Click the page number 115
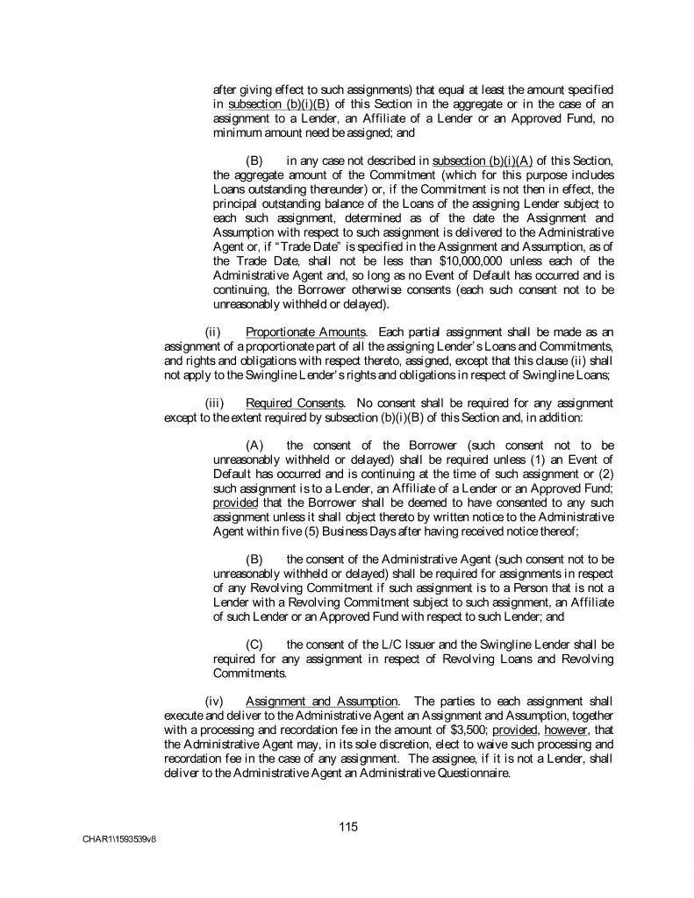click(x=348, y=826)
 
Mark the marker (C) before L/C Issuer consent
click(x=256, y=645)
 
